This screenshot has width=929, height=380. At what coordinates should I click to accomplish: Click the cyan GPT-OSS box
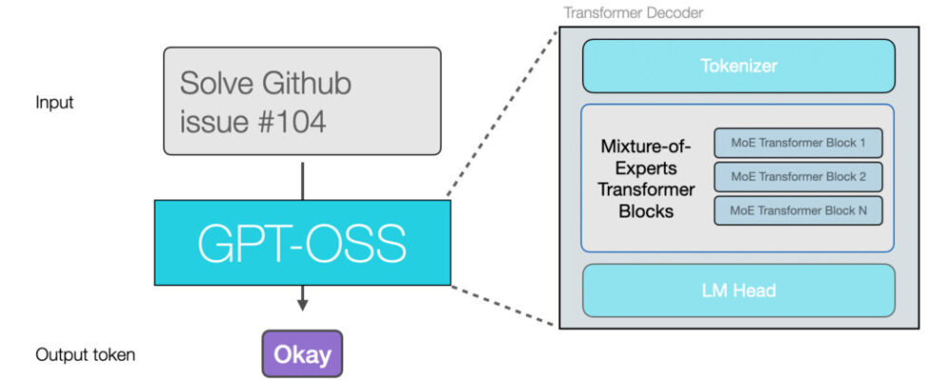(302, 242)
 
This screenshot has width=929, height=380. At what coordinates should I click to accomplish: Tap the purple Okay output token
(302, 355)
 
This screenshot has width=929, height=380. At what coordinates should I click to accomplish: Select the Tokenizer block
(738, 66)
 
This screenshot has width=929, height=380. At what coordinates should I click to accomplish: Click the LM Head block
(738, 291)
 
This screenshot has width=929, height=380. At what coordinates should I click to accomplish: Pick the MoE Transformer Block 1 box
(798, 143)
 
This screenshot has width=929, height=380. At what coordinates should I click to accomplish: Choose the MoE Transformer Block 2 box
(798, 177)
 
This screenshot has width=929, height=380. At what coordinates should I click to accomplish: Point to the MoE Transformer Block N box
(798, 210)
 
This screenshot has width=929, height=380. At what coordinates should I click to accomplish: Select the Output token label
(85, 355)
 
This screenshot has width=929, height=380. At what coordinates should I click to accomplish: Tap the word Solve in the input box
(216, 84)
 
